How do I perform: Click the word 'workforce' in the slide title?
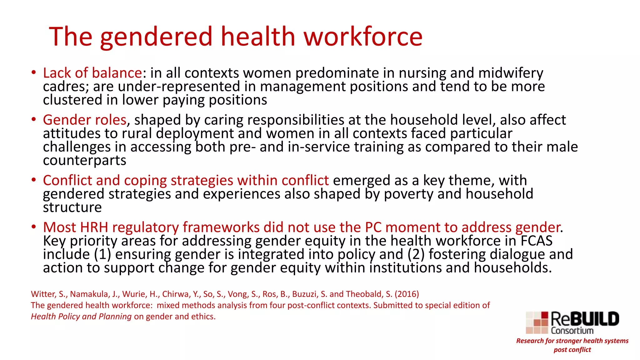tap(363, 37)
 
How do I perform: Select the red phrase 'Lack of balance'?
tap(92, 73)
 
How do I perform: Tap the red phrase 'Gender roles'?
tap(84, 120)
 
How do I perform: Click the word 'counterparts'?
tap(84, 161)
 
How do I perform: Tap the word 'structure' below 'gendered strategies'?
tap(72, 207)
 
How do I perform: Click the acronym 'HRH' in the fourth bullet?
tap(94, 227)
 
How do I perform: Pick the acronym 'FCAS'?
tap(536, 241)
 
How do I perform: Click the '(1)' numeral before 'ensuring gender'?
tap(103, 254)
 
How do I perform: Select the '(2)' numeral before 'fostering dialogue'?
tap(416, 254)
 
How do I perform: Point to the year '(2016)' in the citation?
tap(407, 294)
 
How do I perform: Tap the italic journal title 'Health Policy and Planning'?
tap(81, 317)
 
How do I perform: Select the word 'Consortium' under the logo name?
tap(572, 331)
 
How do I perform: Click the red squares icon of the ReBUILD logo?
tap(537, 323)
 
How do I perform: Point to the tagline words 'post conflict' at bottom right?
tap(572, 350)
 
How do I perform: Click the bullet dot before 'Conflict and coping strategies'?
tap(33, 180)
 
